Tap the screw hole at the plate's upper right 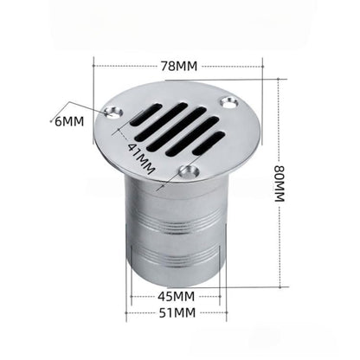(x=228, y=102)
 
